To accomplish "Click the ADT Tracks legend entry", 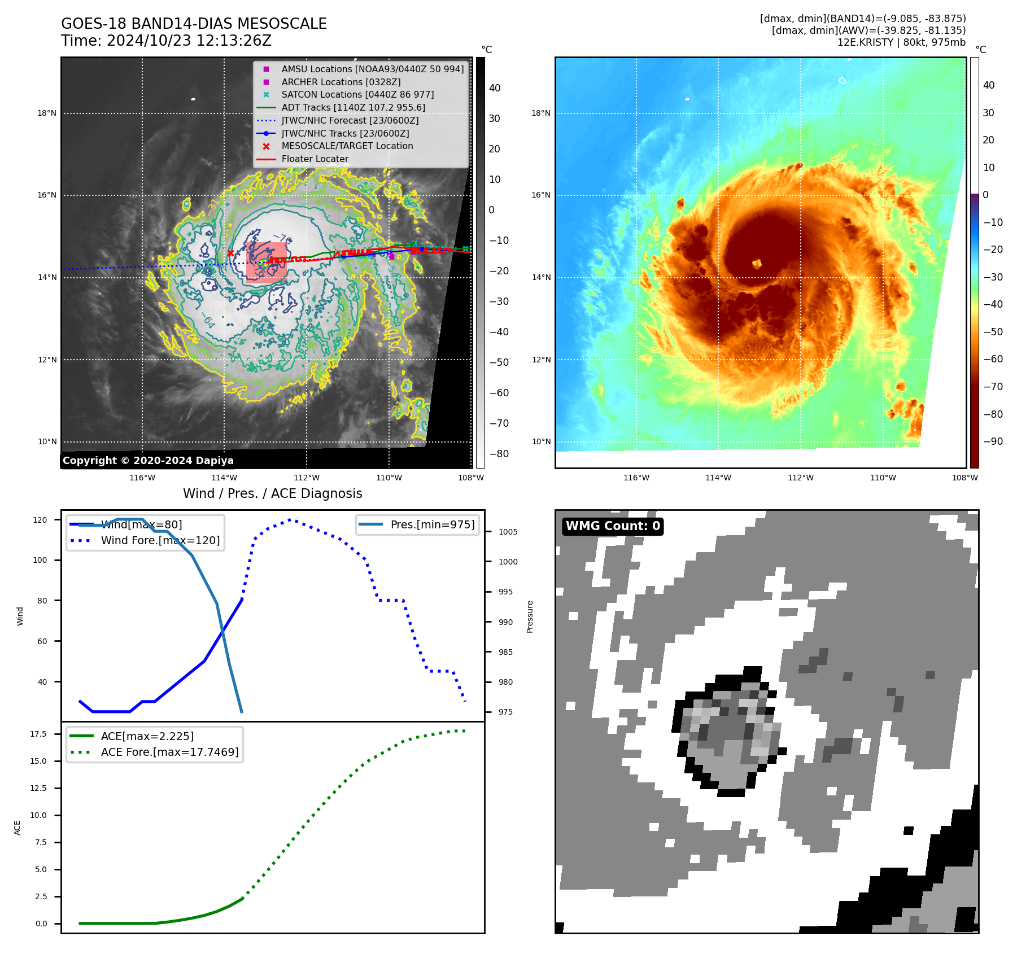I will [353, 107].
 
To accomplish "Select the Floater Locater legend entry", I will [315, 159].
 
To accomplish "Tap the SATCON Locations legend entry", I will [357, 94].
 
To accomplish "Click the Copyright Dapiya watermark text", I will [148, 461].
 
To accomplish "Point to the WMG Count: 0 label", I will [613, 526].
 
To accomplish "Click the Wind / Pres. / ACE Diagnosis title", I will [272, 493].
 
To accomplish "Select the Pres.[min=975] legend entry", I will [432, 524].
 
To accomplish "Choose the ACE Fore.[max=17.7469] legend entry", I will [169, 752].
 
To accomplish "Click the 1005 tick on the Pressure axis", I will [508, 532].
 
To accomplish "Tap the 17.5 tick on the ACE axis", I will [38, 734].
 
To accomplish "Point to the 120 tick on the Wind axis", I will [40, 520].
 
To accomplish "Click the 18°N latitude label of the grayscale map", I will [47, 113].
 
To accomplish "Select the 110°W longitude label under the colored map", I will [883, 478].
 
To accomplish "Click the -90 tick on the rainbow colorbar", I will [993, 441].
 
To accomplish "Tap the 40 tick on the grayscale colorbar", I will [495, 88].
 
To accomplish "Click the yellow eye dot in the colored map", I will [757, 263].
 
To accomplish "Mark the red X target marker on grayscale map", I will [230, 253].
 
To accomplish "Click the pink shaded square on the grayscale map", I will [266, 261].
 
